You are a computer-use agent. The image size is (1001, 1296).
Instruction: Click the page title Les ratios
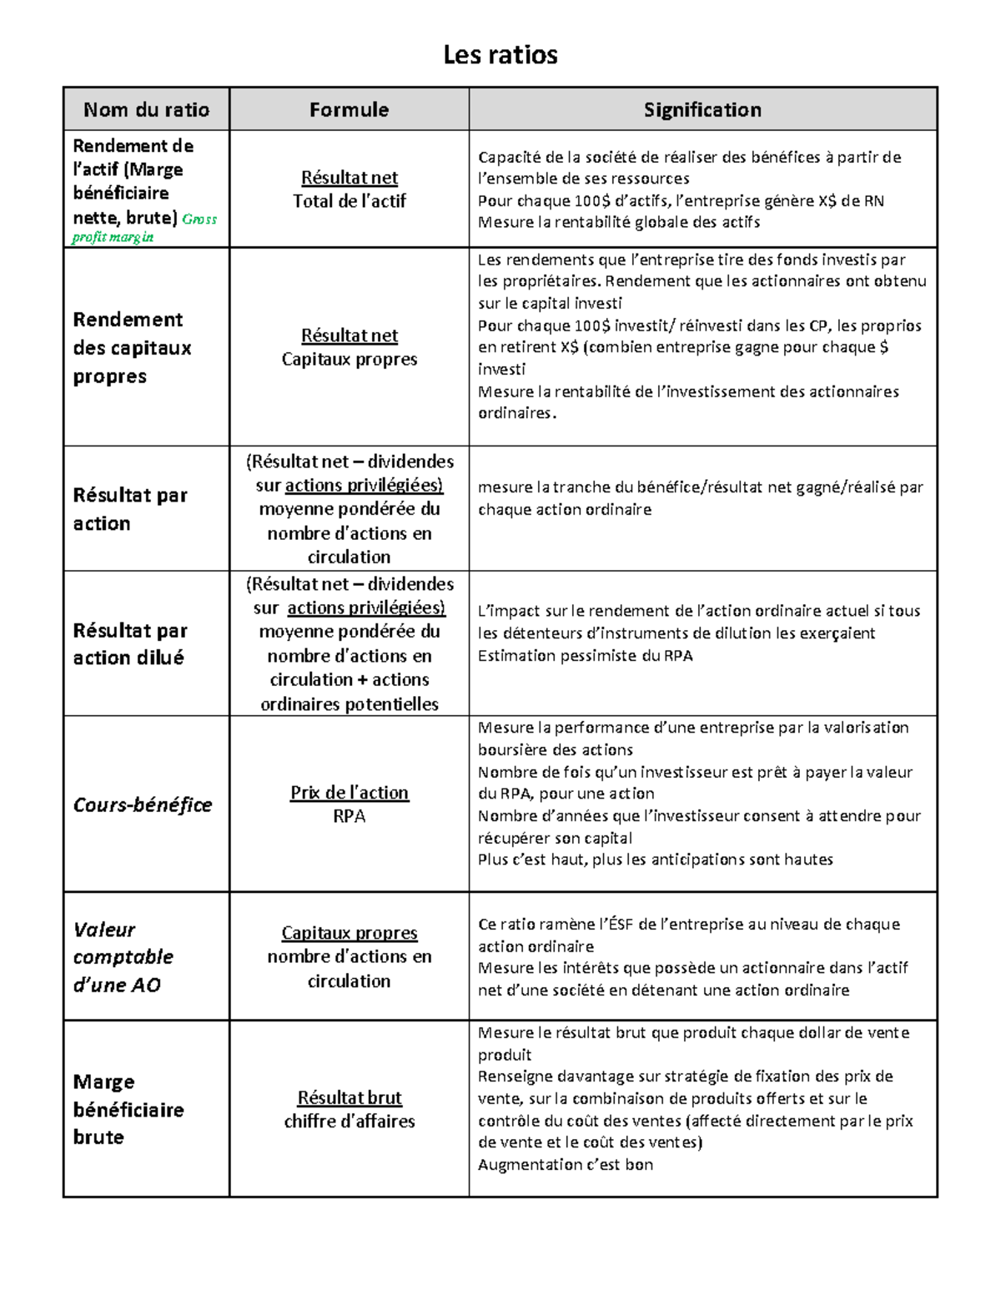click(500, 55)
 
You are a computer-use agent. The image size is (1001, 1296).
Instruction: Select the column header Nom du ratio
click(146, 109)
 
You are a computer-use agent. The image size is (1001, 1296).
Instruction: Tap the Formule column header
click(349, 109)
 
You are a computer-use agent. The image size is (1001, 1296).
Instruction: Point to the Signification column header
click(702, 109)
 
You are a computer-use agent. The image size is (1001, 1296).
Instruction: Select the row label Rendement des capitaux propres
click(132, 347)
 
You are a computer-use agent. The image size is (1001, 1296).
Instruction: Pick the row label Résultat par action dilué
click(130, 643)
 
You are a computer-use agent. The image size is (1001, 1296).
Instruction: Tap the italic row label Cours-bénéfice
click(143, 804)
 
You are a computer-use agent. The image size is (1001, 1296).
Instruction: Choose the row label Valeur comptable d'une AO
click(123, 956)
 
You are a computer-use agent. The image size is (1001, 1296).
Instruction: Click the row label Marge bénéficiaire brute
click(128, 1109)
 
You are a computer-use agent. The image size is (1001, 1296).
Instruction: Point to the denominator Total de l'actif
click(350, 201)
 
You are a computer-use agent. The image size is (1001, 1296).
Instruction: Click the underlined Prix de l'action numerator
click(350, 792)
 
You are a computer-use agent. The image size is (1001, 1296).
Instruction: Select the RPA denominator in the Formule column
click(350, 816)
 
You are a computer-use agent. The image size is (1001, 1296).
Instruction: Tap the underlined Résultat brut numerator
click(350, 1097)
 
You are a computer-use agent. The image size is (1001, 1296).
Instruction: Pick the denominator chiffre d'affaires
click(350, 1121)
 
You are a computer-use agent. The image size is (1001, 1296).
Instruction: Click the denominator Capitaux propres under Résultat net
click(350, 359)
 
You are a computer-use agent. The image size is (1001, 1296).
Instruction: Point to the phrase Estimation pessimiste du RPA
click(585, 655)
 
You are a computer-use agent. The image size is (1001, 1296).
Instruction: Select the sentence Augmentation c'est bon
click(565, 1164)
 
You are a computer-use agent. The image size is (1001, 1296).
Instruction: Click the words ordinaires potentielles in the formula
click(350, 703)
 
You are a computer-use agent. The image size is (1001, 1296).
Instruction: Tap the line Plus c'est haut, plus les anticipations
click(655, 860)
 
